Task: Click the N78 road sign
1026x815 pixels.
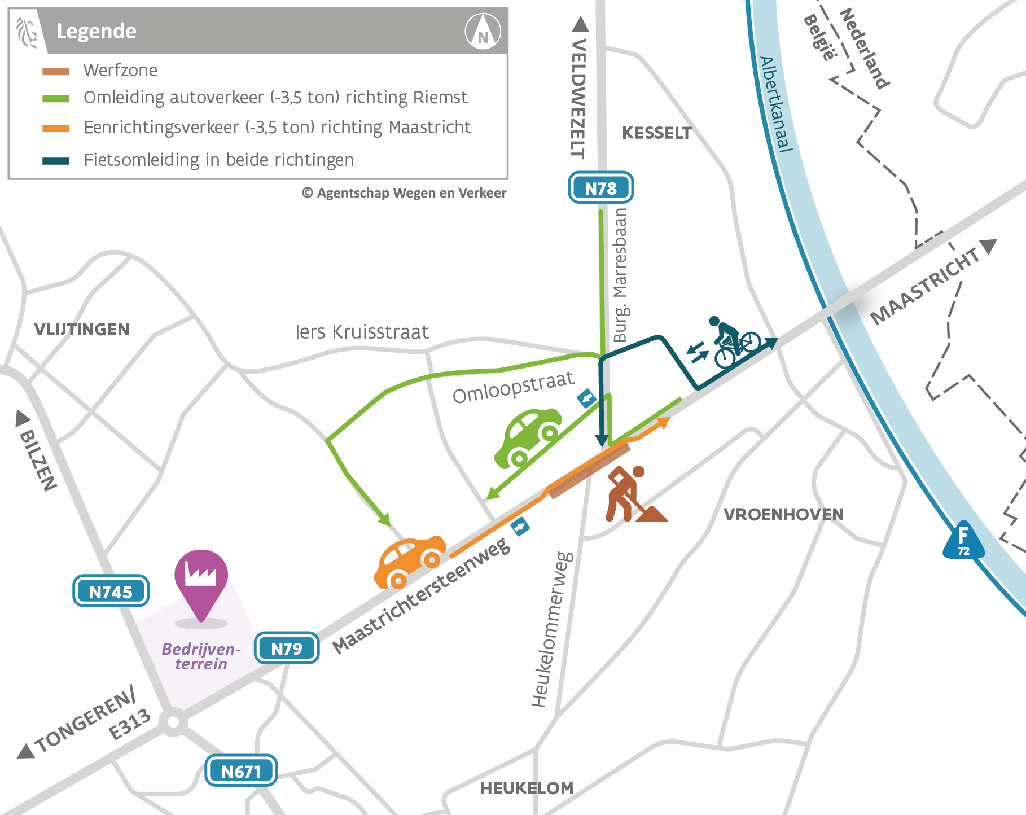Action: point(600,188)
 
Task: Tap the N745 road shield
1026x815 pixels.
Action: point(111,591)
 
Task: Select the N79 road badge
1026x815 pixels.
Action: point(287,649)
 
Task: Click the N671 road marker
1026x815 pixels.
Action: point(241,771)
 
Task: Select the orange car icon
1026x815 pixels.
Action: point(409,561)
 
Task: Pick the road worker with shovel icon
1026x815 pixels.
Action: point(632,494)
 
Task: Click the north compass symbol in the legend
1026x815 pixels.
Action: point(483,32)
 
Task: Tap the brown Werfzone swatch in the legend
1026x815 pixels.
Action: point(55,72)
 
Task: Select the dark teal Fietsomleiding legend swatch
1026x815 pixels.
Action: point(55,161)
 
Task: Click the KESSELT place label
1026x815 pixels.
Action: point(656,133)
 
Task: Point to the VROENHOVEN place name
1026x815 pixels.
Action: point(783,514)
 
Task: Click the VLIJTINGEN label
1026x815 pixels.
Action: point(82,330)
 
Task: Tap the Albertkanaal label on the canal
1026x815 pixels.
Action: point(776,104)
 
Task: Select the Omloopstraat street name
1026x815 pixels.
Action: point(513,387)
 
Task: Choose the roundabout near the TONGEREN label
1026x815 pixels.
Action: point(173,722)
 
